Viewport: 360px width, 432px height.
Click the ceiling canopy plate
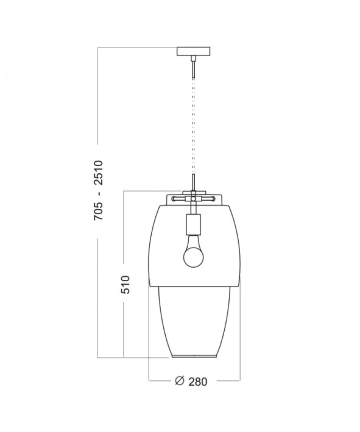[x=193, y=51]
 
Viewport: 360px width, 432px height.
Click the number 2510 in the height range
[x=100, y=173]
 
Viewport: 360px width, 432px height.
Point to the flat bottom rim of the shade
[x=193, y=357]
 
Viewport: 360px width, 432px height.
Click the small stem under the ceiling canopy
[x=193, y=66]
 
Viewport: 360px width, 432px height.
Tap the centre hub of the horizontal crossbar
[x=193, y=198]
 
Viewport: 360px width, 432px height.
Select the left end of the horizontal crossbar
[x=173, y=198]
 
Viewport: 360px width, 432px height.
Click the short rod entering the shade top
[x=193, y=182]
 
